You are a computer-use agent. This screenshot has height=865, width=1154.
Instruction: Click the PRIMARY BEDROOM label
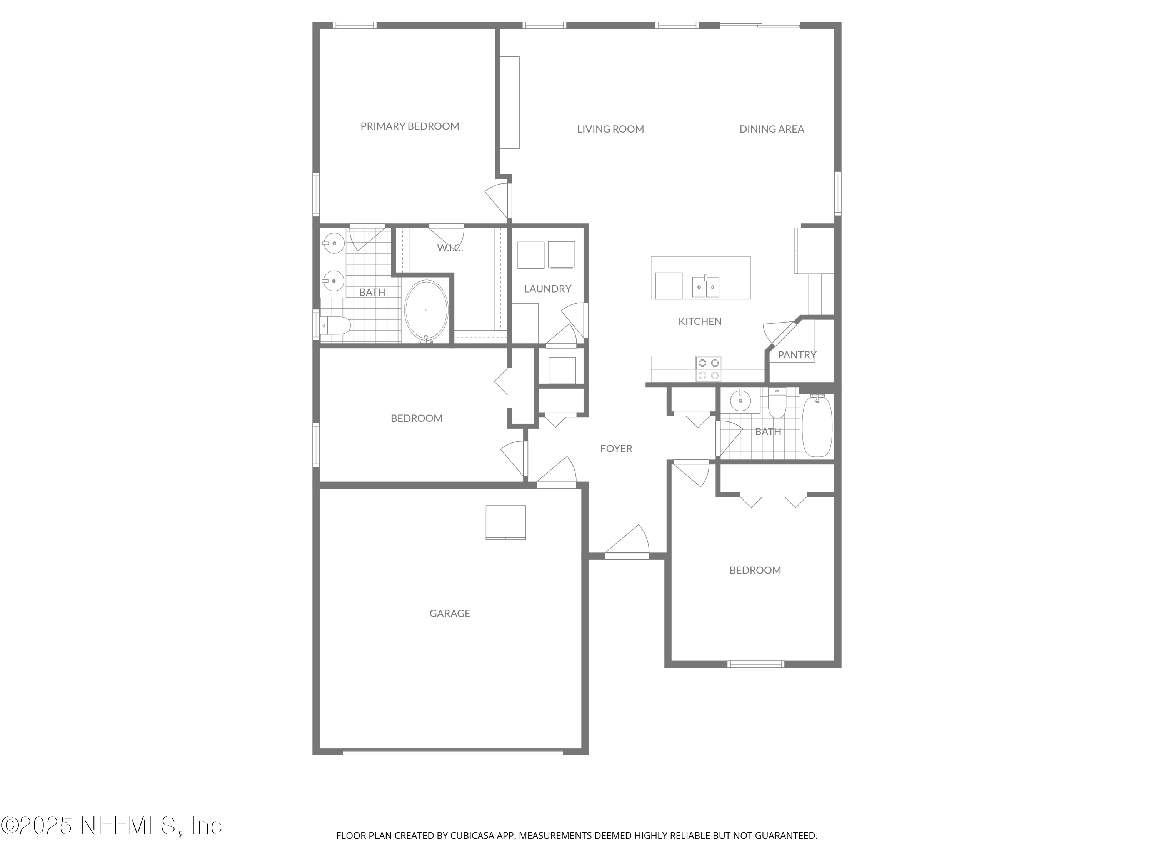tap(410, 126)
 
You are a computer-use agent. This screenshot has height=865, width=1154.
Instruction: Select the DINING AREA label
tap(772, 129)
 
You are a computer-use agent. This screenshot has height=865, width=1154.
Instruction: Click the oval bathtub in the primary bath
tap(426, 311)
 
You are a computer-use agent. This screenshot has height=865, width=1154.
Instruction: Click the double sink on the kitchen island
tap(706, 286)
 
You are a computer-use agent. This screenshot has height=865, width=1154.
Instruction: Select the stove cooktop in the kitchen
tap(709, 369)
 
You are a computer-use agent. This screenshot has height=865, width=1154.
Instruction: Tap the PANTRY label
tap(797, 355)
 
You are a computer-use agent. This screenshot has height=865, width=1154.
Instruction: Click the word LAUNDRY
tap(547, 289)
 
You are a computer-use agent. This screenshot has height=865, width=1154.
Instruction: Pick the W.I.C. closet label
tap(450, 248)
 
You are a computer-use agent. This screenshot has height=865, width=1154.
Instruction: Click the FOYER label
tap(616, 448)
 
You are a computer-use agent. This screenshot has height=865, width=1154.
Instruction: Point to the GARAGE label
tap(450, 614)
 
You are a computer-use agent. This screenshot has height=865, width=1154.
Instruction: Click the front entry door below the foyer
tap(627, 556)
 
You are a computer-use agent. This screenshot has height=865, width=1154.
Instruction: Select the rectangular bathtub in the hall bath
tap(817, 426)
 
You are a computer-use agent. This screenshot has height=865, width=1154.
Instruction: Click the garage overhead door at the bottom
tap(452, 751)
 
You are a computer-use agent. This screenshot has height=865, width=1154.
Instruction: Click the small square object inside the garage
tap(505, 522)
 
